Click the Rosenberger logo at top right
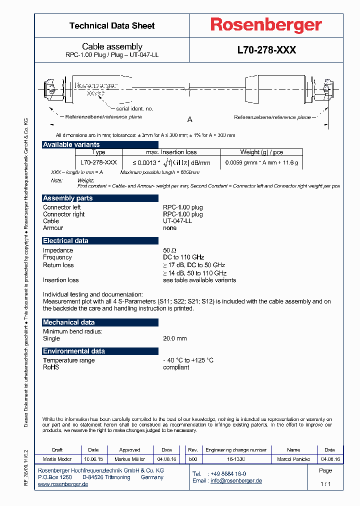[x=265, y=25]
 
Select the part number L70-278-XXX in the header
[x=266, y=50]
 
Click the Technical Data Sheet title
[x=112, y=25]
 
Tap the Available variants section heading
[x=71, y=144]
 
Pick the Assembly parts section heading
[x=67, y=198]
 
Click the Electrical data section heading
[x=65, y=240]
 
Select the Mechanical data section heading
[x=68, y=322]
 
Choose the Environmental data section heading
[x=74, y=351]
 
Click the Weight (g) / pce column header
[x=261, y=152]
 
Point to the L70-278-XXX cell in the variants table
[x=98, y=162]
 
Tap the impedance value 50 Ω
[x=170, y=250]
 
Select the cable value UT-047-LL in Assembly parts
[x=177, y=221]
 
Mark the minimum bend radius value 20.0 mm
[x=174, y=338]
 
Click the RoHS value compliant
[x=176, y=367]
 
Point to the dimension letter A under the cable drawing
[x=189, y=119]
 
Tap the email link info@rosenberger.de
[x=236, y=480]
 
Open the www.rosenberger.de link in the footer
[x=63, y=484]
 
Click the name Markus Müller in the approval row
[x=129, y=459]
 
